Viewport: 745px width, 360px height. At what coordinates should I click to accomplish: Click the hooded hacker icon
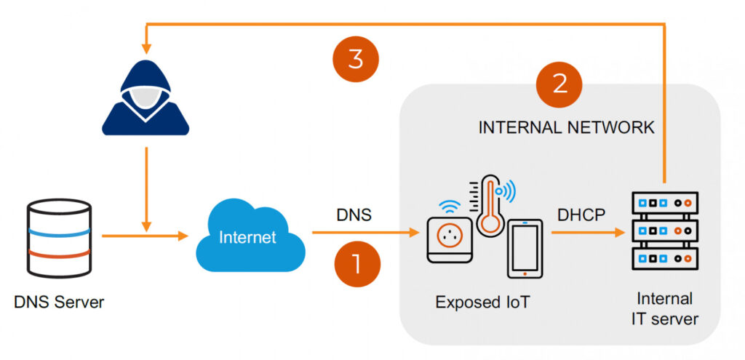tap(146, 102)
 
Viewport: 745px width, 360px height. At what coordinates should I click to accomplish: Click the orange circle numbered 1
tap(356, 263)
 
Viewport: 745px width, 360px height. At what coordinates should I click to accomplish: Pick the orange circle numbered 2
tap(559, 84)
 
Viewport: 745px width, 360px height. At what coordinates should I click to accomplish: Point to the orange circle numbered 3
tap(356, 59)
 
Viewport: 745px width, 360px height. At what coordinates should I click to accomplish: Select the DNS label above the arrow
tap(354, 215)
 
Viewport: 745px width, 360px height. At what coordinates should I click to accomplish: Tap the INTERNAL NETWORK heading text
tap(566, 127)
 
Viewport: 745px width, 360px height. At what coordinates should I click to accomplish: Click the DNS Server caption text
tap(59, 302)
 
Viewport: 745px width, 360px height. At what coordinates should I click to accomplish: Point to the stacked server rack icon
tap(665, 231)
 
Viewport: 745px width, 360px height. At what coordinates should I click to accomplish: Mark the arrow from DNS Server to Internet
tap(142, 236)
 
